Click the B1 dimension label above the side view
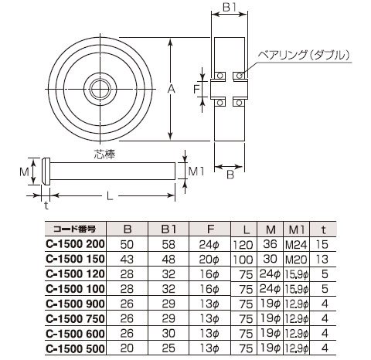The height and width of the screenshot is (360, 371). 230,7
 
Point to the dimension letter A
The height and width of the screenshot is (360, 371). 171,89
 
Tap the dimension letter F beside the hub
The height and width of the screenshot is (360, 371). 196,89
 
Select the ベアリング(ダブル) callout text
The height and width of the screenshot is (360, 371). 304,55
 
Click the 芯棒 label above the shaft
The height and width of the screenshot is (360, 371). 104,154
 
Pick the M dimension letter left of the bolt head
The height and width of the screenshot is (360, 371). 24,172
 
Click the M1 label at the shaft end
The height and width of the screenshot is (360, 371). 196,172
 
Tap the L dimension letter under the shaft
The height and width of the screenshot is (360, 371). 110,196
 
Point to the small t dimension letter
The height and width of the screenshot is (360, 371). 46,205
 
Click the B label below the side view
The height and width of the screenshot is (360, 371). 230,175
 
